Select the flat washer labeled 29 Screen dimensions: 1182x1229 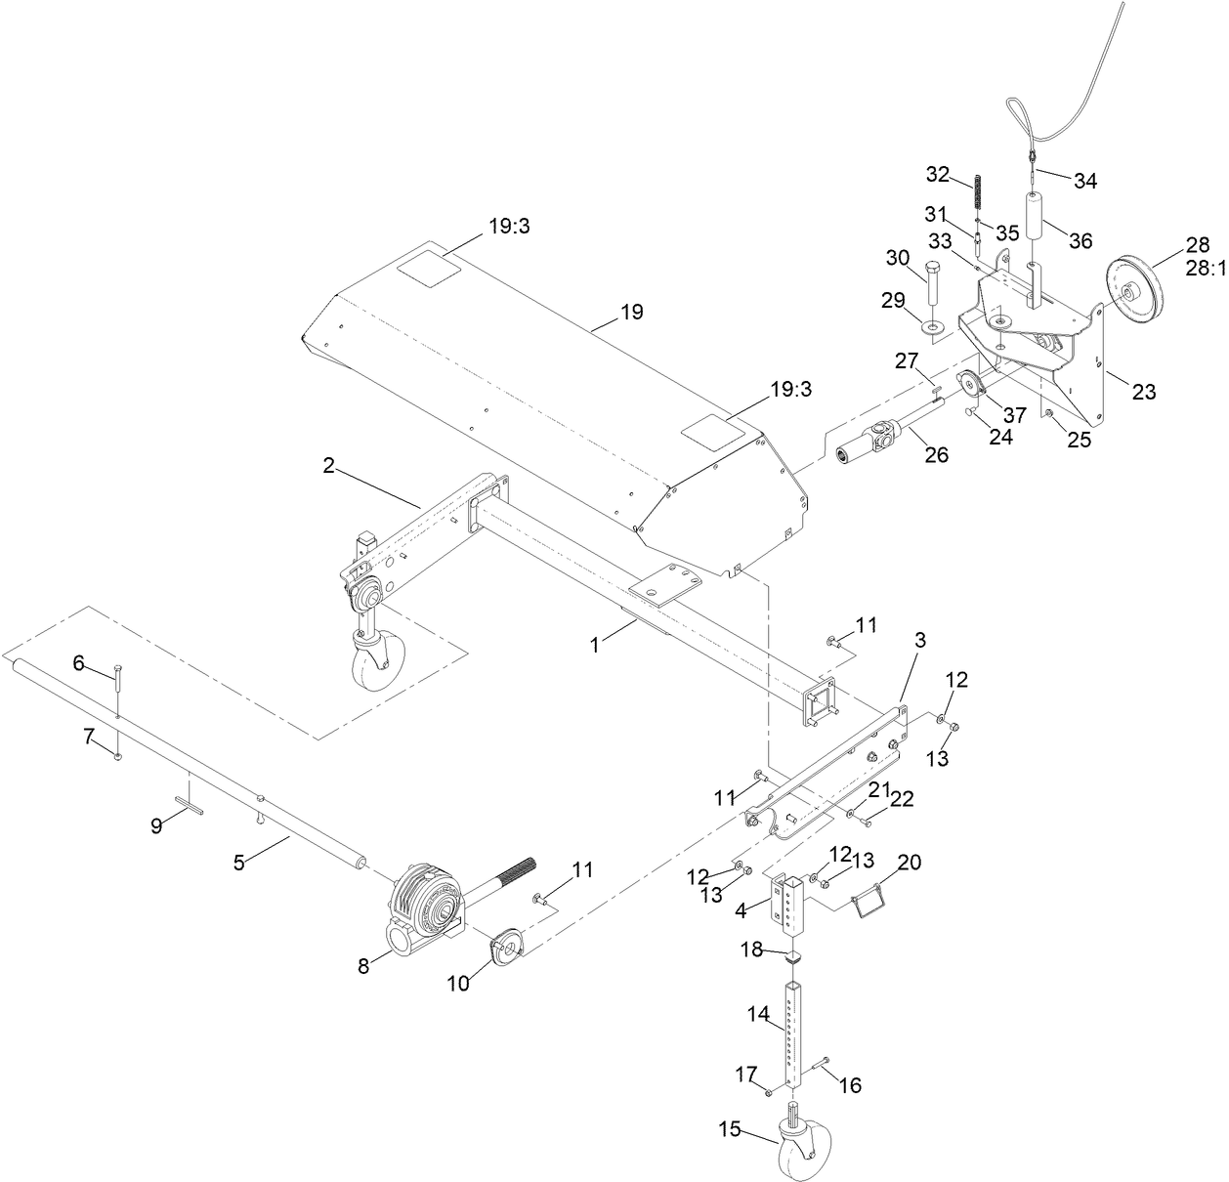tap(934, 325)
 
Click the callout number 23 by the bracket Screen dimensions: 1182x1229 tap(1143, 392)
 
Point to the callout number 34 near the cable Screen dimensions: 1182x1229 tap(1084, 180)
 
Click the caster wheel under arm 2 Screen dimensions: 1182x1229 tap(372, 664)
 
